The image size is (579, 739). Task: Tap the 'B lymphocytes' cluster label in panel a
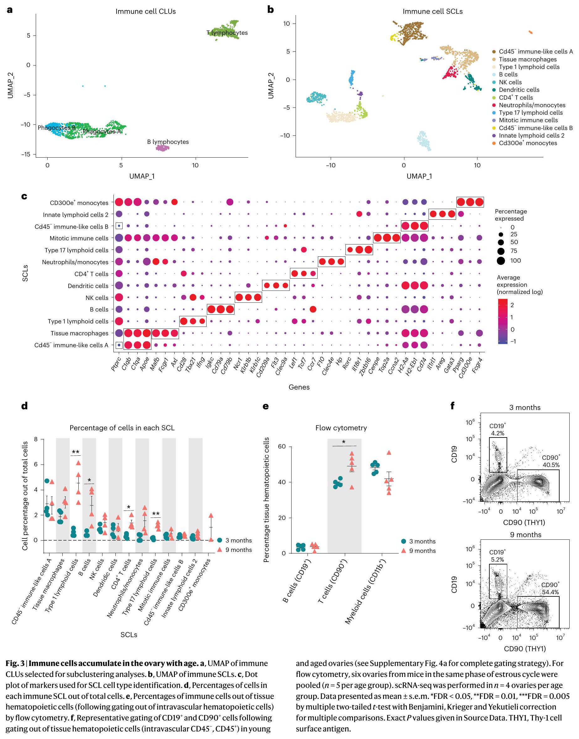(168, 142)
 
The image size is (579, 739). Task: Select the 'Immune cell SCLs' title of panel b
(432, 12)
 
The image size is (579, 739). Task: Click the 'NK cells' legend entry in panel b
(510, 82)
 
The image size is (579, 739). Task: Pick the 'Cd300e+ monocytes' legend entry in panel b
(528, 143)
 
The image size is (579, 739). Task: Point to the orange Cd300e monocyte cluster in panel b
(530, 32)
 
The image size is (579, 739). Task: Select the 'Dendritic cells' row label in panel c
(88, 286)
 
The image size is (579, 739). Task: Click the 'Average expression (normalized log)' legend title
(519, 285)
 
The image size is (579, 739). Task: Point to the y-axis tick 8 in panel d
(36, 439)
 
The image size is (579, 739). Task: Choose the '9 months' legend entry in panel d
(238, 550)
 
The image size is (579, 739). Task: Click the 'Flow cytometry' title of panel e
(341, 428)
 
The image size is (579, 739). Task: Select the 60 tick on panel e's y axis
(282, 447)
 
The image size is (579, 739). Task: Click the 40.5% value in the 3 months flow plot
(551, 465)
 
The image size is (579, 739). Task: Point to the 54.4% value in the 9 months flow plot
(550, 592)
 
